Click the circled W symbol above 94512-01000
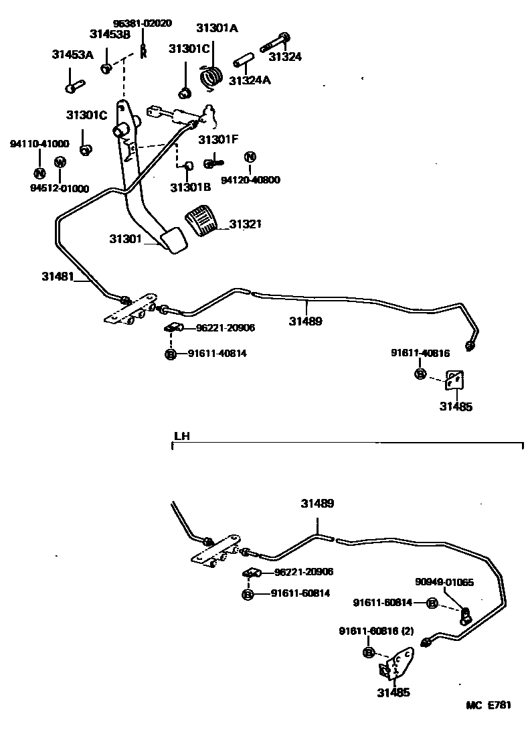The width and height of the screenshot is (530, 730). click(x=60, y=162)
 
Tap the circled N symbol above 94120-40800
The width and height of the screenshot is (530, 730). click(x=250, y=157)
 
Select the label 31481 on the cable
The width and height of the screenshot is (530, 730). click(x=58, y=276)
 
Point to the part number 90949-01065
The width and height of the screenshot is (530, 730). click(x=444, y=583)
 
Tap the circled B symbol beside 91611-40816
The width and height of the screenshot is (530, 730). click(x=420, y=373)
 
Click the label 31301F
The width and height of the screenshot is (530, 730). click(x=218, y=140)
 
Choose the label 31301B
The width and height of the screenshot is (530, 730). click(x=190, y=188)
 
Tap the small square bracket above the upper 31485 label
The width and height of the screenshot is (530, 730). click(x=455, y=380)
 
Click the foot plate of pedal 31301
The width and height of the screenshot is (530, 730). click(x=174, y=240)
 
